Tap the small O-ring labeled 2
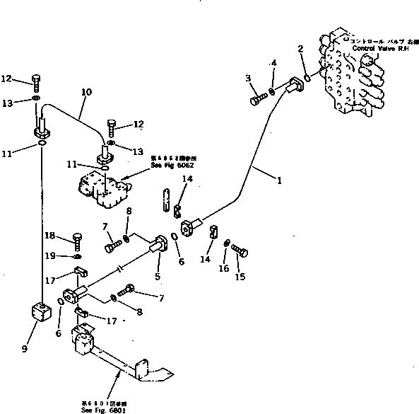tap(306, 78)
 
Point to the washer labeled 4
tap(273, 92)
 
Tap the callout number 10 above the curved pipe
tap(86, 92)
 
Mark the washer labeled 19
tap(77, 255)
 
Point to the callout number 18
tap(50, 236)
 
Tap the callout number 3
tap(249, 78)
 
